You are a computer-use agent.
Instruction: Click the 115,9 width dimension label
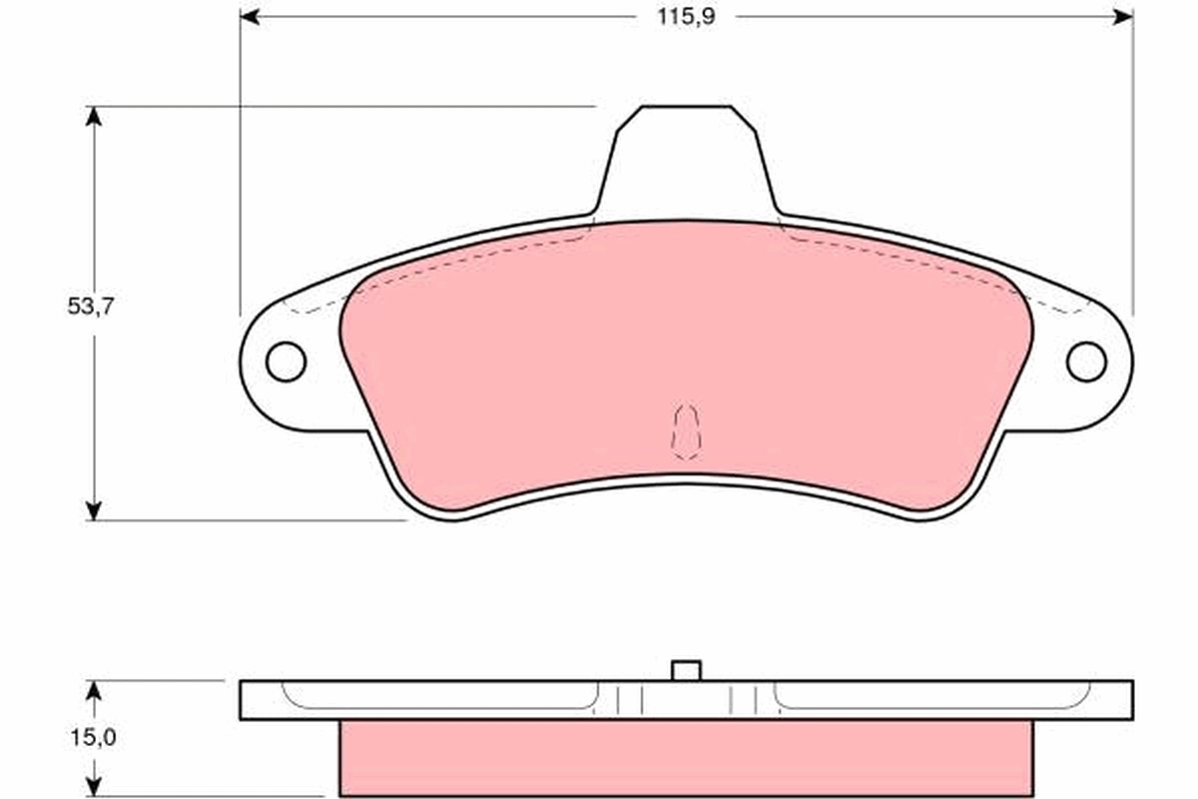click(687, 17)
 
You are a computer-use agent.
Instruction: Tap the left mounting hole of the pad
click(287, 361)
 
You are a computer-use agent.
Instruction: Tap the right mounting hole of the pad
click(1086, 361)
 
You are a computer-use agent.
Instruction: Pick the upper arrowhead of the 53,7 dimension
click(94, 117)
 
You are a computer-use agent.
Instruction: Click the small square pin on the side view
click(686, 670)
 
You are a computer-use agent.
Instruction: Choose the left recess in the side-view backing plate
click(439, 696)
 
